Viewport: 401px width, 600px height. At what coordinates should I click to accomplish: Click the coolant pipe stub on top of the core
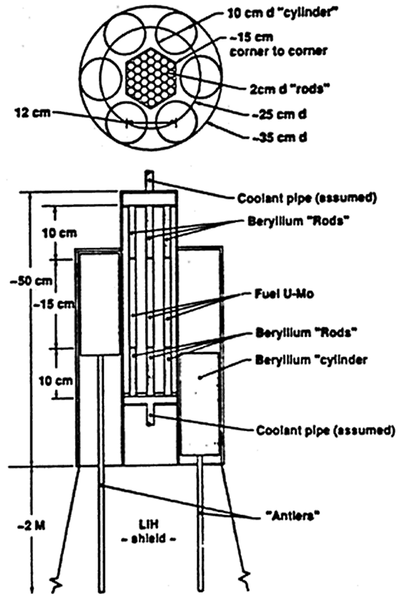tap(150, 182)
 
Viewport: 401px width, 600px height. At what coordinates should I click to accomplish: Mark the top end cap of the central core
tap(150, 198)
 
